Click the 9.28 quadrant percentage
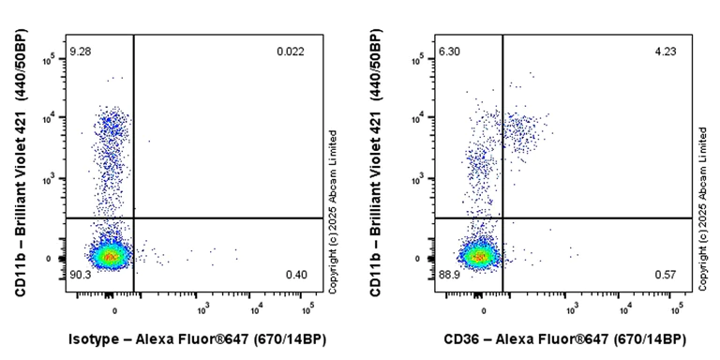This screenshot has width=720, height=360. point(81,50)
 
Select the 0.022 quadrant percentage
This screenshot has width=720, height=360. point(290,51)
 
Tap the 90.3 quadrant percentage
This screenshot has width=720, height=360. point(81,274)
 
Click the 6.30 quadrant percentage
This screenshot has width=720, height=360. point(450,50)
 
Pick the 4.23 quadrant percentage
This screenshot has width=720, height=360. point(665,51)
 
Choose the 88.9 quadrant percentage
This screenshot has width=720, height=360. point(450,274)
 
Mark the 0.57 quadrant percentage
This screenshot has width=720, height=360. point(665,274)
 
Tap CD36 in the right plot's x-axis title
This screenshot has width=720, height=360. point(465,338)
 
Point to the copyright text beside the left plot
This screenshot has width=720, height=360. point(332,212)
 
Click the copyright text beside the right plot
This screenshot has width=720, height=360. point(702,212)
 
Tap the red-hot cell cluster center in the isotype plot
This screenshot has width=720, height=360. point(111,256)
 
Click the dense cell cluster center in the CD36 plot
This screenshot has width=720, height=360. point(479,256)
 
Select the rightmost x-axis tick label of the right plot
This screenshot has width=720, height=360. point(676,307)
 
